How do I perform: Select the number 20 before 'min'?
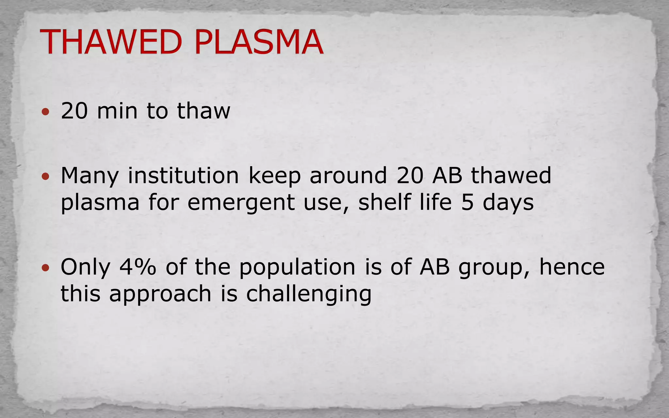[x=74, y=111]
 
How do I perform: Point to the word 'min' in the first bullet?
[x=117, y=111]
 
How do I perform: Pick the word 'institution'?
[x=183, y=176]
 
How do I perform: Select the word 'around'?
[x=348, y=176]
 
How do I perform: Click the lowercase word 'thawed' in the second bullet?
[x=511, y=176]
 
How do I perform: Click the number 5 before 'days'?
[x=467, y=202]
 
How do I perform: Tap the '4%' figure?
[x=138, y=267]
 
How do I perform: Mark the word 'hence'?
[x=572, y=267]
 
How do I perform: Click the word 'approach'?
[x=160, y=294]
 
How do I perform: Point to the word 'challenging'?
[x=309, y=294]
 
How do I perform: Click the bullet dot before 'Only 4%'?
[x=46, y=268]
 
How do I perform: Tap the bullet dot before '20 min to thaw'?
[x=46, y=112]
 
